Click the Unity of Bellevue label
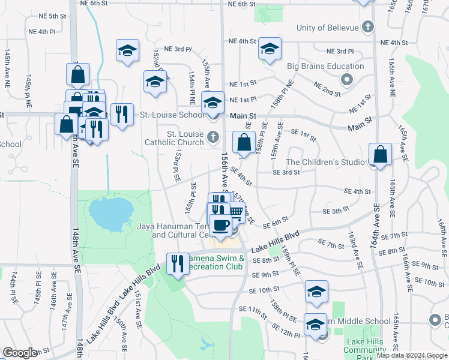point(327,28)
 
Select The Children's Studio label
point(325,162)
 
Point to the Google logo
point(20,352)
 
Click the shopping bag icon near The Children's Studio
point(381,154)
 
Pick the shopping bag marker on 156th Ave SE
point(244,143)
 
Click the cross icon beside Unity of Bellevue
point(368,27)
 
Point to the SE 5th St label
point(336,211)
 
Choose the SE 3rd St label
point(286,172)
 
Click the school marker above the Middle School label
point(316,292)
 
